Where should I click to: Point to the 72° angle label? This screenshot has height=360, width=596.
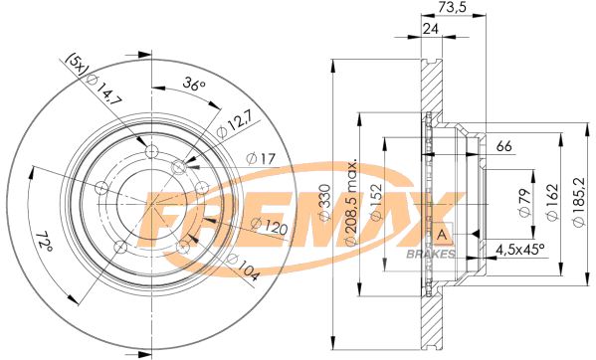coord(43,244)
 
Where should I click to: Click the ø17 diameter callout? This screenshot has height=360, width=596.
coord(260,158)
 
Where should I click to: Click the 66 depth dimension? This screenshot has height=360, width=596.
coord(503,147)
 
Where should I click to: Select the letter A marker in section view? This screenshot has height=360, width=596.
coord(440,234)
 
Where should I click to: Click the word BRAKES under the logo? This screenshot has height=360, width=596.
coord(433,254)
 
